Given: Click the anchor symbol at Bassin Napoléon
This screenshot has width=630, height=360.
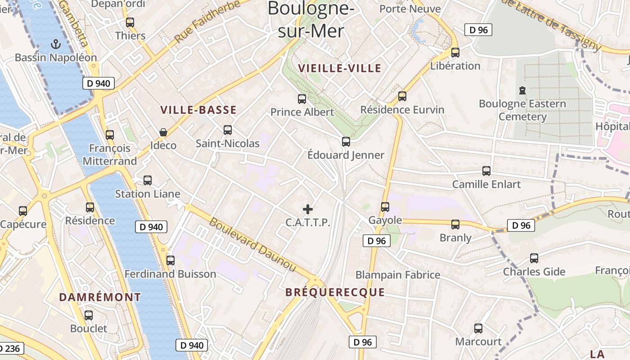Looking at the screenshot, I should pyautogui.click(x=56, y=44).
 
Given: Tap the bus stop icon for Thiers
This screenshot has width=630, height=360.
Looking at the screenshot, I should pyautogui.click(x=130, y=22).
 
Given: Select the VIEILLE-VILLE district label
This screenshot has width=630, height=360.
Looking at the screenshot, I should pyautogui.click(x=340, y=68).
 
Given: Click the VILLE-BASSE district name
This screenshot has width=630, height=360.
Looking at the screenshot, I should pyautogui.click(x=198, y=110).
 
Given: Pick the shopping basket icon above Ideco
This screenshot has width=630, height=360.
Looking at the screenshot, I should pyautogui.click(x=163, y=132).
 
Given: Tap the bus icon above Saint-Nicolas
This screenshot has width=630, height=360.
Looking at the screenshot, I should pyautogui.click(x=228, y=130).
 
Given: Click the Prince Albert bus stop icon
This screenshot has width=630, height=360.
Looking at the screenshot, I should pyautogui.click(x=302, y=99).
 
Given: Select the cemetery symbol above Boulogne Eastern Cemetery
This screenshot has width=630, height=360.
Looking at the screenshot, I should pyautogui.click(x=522, y=90).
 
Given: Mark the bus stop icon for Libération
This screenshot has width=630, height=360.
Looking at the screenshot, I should pyautogui.click(x=455, y=53).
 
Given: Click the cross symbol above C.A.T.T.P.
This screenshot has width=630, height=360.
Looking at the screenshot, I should pyautogui.click(x=308, y=209).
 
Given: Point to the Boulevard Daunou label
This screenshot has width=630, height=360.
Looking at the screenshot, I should pyautogui.click(x=253, y=245).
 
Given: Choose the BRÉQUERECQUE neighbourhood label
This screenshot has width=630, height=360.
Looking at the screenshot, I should pyautogui.click(x=335, y=292).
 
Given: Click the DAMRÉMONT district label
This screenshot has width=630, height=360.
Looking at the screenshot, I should pyautogui.click(x=100, y=297).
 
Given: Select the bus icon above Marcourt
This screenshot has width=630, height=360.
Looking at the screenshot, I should pyautogui.click(x=478, y=328).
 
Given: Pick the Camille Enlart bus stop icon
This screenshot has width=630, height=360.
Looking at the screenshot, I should pyautogui.click(x=486, y=171).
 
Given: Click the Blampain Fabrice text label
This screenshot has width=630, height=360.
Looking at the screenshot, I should pyautogui.click(x=398, y=274).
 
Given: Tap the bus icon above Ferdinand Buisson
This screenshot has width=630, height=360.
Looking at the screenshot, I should pyautogui.click(x=171, y=261).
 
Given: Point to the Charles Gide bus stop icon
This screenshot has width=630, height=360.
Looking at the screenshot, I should pyautogui.click(x=534, y=258).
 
